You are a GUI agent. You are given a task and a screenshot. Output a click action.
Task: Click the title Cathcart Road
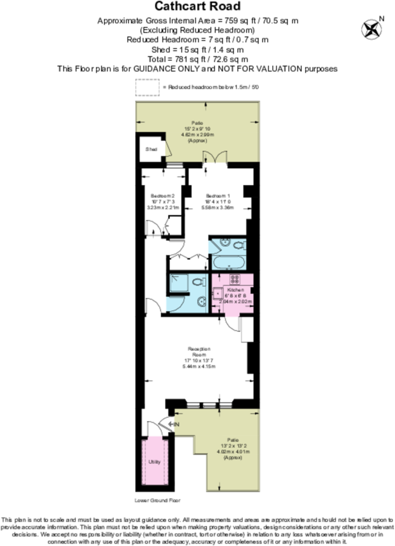coord(197,7)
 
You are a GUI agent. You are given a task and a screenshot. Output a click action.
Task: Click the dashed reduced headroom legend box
coord(147,87)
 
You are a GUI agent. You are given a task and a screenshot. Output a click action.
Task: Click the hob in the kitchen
coord(234,278)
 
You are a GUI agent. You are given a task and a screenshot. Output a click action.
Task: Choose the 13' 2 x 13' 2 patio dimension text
coord(230,447)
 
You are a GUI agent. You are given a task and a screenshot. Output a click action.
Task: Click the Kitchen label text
coord(233,290)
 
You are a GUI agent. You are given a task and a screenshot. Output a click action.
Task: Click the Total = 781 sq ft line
coord(197,59)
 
